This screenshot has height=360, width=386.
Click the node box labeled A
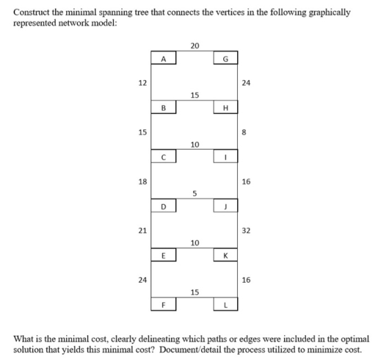[x=163, y=58]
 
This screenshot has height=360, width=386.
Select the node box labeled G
[x=225, y=58]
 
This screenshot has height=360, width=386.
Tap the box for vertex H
[x=225, y=107]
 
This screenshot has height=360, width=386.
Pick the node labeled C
[x=163, y=156]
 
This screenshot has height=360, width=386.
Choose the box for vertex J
[x=225, y=206]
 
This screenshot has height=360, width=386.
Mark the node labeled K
[x=225, y=254]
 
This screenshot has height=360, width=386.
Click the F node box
[x=163, y=304]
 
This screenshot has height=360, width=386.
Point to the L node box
[x=225, y=304]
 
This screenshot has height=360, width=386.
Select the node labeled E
[x=163, y=254]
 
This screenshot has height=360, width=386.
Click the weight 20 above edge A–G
[x=194, y=46]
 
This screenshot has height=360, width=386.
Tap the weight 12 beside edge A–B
[x=143, y=83]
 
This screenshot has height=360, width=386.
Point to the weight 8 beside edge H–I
[x=244, y=132]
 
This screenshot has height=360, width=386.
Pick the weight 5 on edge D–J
[x=194, y=194]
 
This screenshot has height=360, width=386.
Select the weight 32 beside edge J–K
[x=246, y=231]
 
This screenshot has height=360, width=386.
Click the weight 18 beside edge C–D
[x=143, y=181]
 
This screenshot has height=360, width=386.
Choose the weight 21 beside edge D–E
[x=143, y=231]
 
